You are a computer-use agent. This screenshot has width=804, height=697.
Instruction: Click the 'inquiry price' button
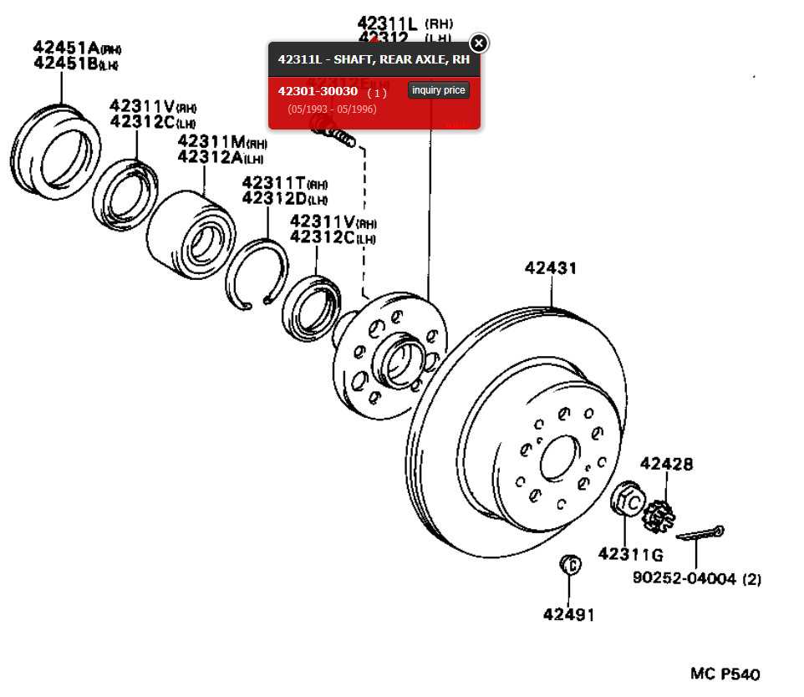[x=439, y=90]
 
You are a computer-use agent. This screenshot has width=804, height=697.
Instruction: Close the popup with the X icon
[x=478, y=43]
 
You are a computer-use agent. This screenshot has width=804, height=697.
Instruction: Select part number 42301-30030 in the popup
[x=318, y=91]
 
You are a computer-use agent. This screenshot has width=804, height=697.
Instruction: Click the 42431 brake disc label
[x=551, y=268]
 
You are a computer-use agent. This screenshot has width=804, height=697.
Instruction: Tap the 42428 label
[x=666, y=464]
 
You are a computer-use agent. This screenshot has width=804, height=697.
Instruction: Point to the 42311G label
[x=630, y=553]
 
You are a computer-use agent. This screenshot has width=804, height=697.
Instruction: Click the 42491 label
[x=569, y=614]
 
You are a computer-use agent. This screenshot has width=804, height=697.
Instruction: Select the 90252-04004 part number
[x=684, y=577]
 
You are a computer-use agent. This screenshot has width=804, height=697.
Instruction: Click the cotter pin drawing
[x=700, y=533]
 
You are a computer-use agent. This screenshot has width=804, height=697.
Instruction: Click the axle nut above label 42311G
[x=627, y=501]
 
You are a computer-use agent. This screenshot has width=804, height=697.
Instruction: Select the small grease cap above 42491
[x=569, y=565]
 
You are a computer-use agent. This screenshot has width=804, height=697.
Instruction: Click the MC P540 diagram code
[x=725, y=674]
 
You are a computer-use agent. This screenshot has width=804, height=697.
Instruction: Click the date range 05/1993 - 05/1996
[x=332, y=109]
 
